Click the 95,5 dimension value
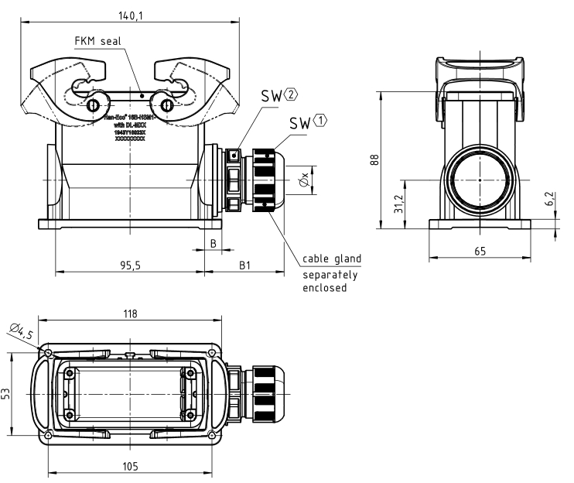pyautogui.click(x=130, y=265)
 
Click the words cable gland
pyautogui.click(x=331, y=259)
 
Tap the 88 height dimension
pyautogui.click(x=374, y=159)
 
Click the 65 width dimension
pyautogui.click(x=480, y=252)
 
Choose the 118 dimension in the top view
pyautogui.click(x=130, y=313)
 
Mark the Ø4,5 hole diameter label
pyautogui.click(x=22, y=333)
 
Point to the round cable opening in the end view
pyautogui.click(x=480, y=180)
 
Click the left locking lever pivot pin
pyautogui.click(x=93, y=105)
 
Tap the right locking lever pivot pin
pyautogui.click(x=165, y=105)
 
